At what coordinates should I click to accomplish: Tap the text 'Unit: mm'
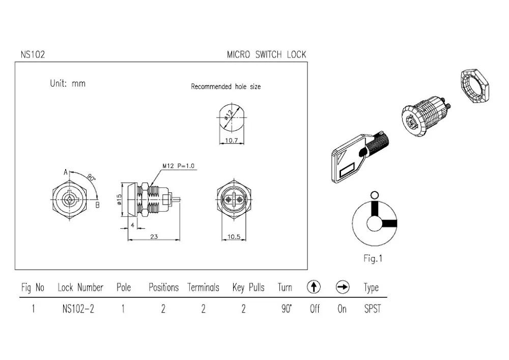pyautogui.click(x=68, y=84)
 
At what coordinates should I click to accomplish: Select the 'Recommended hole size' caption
pyautogui.click(x=225, y=87)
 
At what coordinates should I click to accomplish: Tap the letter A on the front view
pyautogui.click(x=66, y=173)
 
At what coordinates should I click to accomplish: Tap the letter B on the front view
pyautogui.click(x=97, y=205)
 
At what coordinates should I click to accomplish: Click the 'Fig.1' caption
pyautogui.click(x=373, y=258)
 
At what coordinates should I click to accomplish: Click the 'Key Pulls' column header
pyautogui.click(x=248, y=288)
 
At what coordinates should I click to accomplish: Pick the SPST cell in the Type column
pyautogui.click(x=372, y=309)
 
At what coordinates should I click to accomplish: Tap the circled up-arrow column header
pyautogui.click(x=314, y=288)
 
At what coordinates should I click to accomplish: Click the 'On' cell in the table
pyautogui.click(x=342, y=309)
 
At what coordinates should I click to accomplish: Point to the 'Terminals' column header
pyautogui.click(x=203, y=288)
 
